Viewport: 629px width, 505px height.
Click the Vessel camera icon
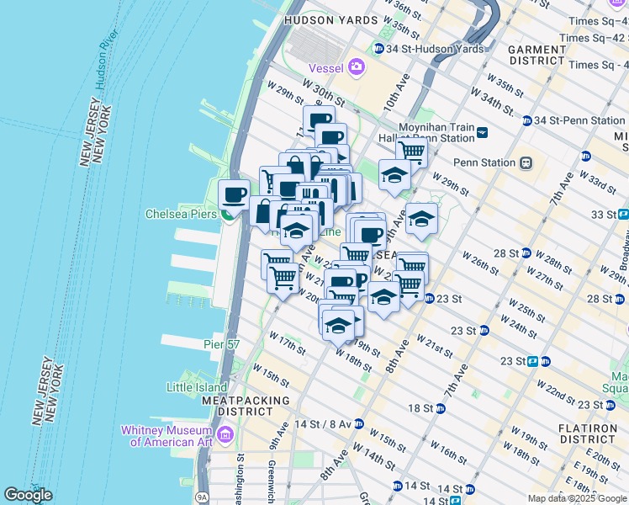pyautogui.click(x=357, y=66)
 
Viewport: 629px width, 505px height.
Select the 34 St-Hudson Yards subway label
pyautogui.click(x=429, y=49)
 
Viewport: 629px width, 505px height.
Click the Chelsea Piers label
pyautogui.click(x=181, y=214)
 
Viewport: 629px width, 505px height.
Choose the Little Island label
pyautogui.click(x=193, y=387)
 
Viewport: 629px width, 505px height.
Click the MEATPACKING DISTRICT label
pyautogui.click(x=238, y=406)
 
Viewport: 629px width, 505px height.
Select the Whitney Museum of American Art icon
pyautogui.click(x=225, y=434)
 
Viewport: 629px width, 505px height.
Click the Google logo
pyautogui.click(x=28, y=495)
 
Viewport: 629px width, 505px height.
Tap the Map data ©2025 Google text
pyautogui.click(x=577, y=498)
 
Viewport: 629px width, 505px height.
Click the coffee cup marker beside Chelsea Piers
pyautogui.click(x=235, y=195)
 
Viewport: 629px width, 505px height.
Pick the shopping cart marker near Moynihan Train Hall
pyautogui.click(x=411, y=152)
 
